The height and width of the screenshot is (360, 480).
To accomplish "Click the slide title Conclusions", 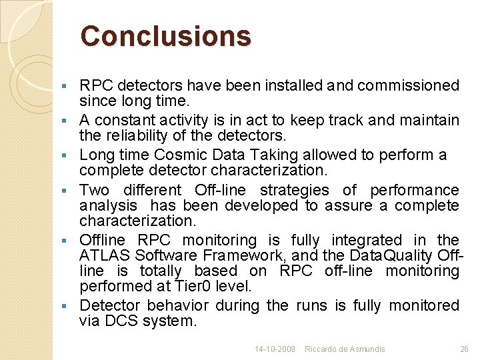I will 165,36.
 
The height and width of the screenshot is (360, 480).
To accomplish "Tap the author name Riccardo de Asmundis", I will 345,349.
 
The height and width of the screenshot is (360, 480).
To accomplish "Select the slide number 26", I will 464,349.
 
